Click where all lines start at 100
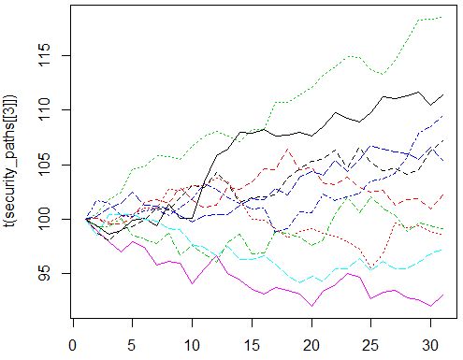coord(85,219)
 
